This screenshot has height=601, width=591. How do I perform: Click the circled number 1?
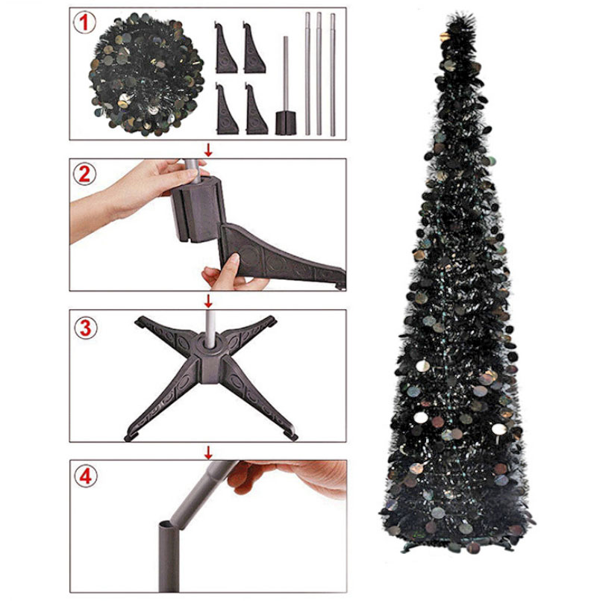point(84,22)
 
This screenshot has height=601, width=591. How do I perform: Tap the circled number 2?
point(84,174)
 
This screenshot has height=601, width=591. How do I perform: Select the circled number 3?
point(85,328)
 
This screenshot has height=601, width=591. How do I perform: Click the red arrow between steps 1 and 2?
point(208,150)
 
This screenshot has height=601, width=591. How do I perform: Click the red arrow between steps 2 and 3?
point(208,301)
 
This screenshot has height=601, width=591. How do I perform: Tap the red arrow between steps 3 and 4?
point(208,452)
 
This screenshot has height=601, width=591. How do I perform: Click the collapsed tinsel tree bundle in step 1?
point(146,74)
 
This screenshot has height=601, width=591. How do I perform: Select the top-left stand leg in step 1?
point(225,48)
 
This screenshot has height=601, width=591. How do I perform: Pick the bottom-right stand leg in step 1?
point(255,109)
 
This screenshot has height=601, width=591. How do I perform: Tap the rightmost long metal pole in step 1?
point(333,75)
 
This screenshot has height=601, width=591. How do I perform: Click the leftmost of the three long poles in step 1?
point(307,74)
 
